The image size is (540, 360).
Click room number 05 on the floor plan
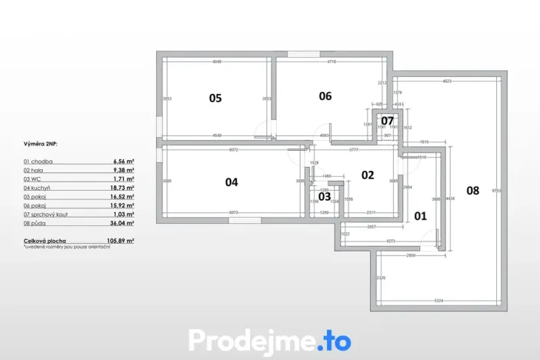(215, 98)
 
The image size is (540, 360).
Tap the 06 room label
(325, 96)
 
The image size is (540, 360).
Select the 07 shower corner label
(387, 121)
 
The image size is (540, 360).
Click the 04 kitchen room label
(232, 182)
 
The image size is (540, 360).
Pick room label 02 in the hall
(367, 175)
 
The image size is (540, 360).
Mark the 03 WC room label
(325, 196)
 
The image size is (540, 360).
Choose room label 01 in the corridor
(420, 216)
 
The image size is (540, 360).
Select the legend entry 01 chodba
(38, 162)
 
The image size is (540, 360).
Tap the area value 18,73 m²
(123, 187)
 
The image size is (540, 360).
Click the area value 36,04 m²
(123, 223)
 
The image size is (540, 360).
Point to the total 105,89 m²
(122, 241)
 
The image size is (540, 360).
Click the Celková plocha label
(44, 241)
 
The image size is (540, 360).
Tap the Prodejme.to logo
(269, 339)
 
